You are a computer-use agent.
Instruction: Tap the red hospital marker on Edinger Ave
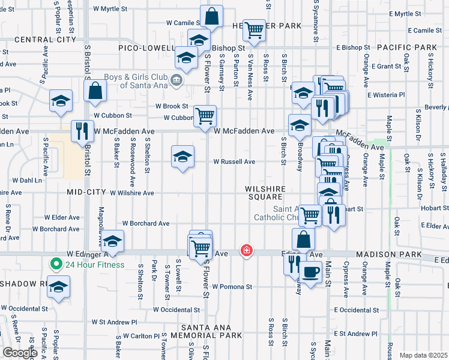tap(246, 250)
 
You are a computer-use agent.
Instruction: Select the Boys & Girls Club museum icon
tap(176, 80)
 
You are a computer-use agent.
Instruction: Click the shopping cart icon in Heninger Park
tap(255, 29)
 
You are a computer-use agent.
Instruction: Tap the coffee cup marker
tap(310, 272)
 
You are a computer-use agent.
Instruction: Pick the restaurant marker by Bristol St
tap(82, 131)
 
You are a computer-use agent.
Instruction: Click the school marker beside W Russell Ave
tap(182, 157)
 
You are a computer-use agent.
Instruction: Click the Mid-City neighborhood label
tap(82, 193)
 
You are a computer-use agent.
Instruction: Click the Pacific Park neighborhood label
tap(408, 47)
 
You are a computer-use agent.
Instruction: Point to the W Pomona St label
tap(231, 287)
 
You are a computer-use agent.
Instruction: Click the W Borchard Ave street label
tap(146, 223)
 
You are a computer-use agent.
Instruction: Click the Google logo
tap(20, 353)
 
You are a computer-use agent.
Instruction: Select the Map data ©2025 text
tap(423, 355)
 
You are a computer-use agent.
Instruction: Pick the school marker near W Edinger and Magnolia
tap(112, 241)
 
